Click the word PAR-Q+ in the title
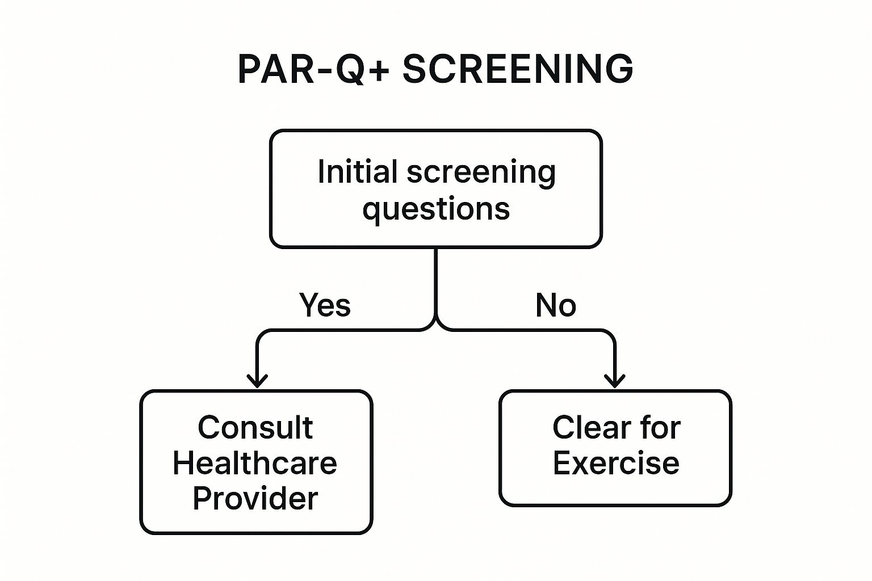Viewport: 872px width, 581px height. (313, 69)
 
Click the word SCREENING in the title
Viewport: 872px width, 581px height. (518, 69)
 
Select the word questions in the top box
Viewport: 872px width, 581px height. (436, 209)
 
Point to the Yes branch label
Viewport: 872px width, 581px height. (325, 305)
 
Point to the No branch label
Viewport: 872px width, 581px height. (555, 305)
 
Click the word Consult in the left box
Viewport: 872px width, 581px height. (255, 427)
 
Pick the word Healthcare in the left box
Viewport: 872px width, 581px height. (255, 463)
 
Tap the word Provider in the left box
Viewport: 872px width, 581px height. (255, 498)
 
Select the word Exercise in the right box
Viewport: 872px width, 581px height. (616, 463)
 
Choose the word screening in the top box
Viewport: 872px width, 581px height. (481, 172)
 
